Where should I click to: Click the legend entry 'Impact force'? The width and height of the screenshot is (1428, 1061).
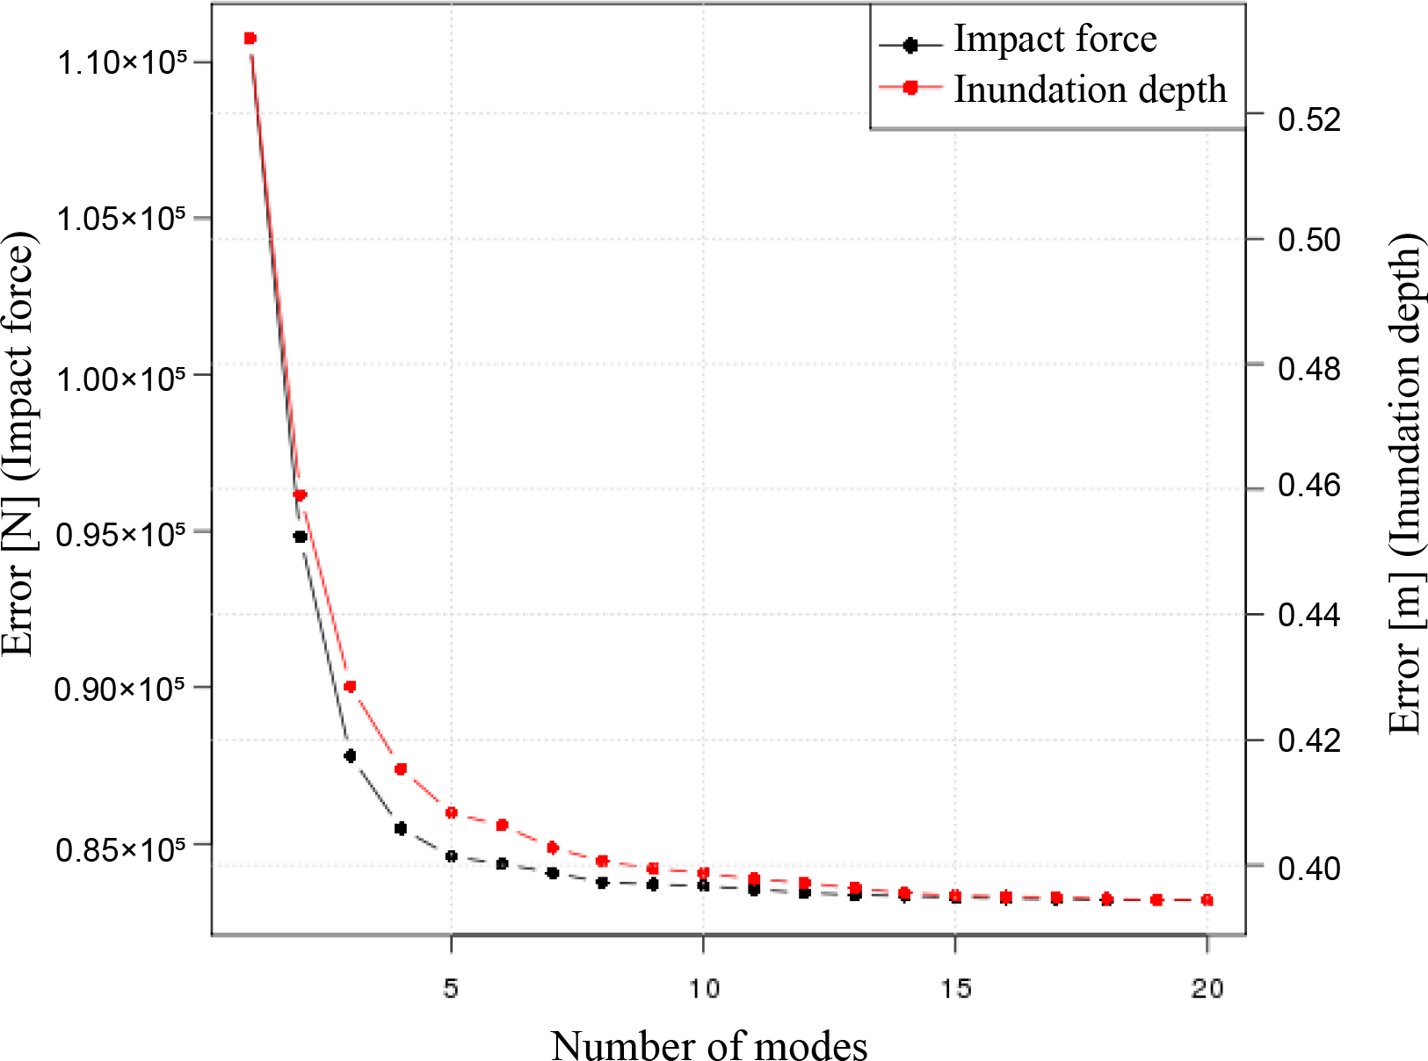(1055, 40)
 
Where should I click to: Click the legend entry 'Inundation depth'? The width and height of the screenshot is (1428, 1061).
(1090, 90)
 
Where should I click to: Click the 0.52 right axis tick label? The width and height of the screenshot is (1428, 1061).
(1309, 119)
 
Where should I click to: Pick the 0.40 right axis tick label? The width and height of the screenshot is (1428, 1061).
(1309, 868)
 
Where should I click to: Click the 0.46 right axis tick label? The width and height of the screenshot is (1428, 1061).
(1309, 485)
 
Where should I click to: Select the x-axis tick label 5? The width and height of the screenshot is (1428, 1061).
(451, 988)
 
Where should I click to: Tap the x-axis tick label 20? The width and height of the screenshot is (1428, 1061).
(1207, 988)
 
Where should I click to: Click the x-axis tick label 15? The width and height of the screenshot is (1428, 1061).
(955, 988)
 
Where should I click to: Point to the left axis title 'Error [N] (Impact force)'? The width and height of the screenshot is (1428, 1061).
(19, 444)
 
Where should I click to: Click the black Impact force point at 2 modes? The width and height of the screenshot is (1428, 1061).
(300, 537)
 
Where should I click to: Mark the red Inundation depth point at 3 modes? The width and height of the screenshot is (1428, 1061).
(350, 686)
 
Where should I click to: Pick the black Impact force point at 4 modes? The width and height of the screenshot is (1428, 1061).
(401, 828)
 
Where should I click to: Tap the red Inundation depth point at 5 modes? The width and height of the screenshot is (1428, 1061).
(452, 812)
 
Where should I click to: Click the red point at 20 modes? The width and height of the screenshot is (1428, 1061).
(1207, 900)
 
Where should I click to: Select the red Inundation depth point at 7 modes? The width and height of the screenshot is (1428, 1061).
(553, 848)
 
